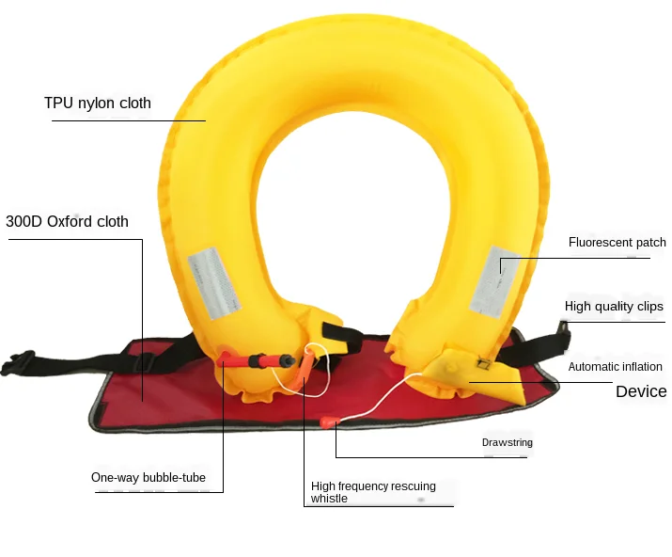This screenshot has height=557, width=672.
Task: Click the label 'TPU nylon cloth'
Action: click(97, 103)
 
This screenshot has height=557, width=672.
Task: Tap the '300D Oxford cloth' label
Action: click(67, 222)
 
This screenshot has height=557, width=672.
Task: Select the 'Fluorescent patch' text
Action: click(617, 243)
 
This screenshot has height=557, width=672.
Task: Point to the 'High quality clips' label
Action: click(614, 307)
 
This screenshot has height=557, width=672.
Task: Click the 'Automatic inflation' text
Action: click(615, 367)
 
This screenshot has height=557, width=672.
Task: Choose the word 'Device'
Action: click(641, 391)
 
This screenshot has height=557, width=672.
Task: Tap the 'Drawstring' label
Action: click(508, 442)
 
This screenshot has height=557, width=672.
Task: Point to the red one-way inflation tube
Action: click(258, 360)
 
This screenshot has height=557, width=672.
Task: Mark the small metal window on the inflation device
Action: click(483, 364)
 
